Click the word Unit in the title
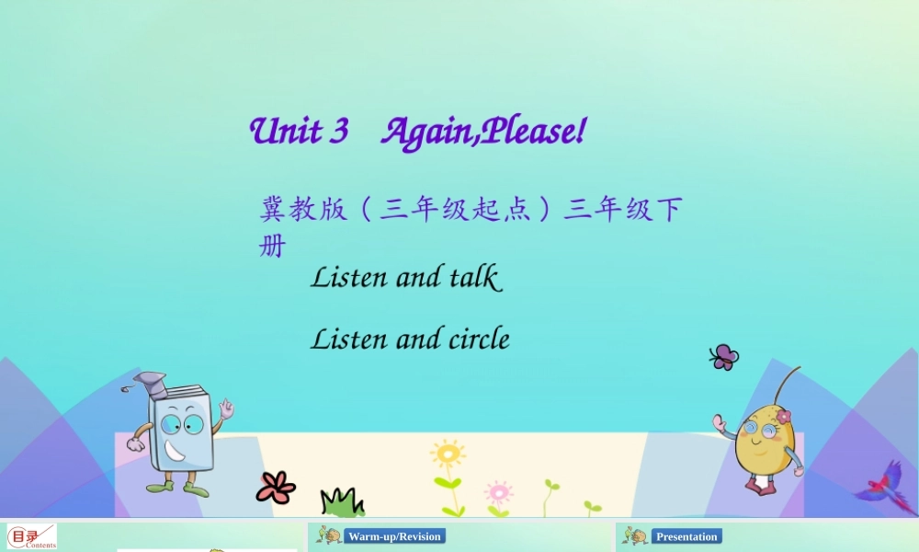tap(285, 132)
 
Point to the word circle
tap(479, 339)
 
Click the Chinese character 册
tap(273, 246)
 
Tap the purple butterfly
tap(724, 357)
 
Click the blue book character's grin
tap(176, 453)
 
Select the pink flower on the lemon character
tap(782, 417)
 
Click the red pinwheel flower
tap(276, 487)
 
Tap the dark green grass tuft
tap(341, 502)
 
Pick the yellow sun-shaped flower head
tap(448, 454)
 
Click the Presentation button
tap(686, 536)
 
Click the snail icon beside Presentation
tap(634, 535)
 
